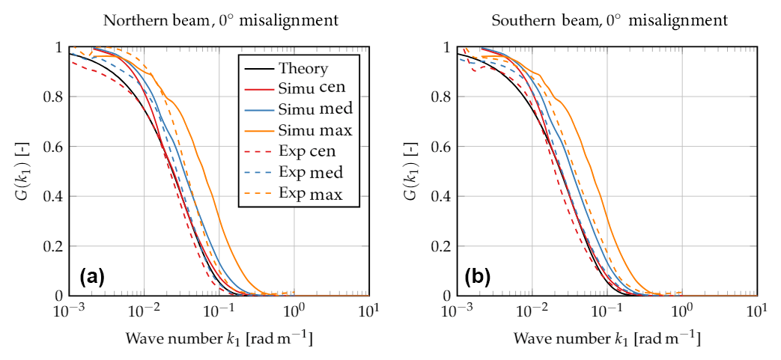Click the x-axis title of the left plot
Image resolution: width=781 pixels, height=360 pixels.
click(219, 339)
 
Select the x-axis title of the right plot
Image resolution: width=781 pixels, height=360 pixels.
click(607, 339)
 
